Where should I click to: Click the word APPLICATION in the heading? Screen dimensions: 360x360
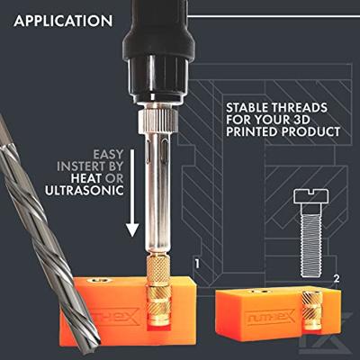tap(63, 21)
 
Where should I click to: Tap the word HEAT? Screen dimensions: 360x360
tap(86, 178)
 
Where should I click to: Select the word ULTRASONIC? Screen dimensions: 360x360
tap(85, 190)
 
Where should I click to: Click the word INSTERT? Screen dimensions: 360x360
tap(81, 166)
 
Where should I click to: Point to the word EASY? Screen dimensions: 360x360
tap(108, 154)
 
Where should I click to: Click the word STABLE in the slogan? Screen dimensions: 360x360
tap(247, 108)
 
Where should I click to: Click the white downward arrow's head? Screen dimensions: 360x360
tap(132, 230)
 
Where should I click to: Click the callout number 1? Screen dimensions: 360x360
tap(197, 264)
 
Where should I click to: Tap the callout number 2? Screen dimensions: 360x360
tap(337, 279)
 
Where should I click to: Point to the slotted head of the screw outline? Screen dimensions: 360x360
tap(311, 196)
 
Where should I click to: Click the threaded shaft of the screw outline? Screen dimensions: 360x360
tap(311, 239)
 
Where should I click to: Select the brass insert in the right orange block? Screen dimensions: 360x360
tap(312, 310)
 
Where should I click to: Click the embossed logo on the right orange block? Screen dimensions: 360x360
tap(270, 316)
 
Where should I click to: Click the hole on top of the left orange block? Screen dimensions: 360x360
tap(99, 281)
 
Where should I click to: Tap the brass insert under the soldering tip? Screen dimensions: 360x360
tap(159, 291)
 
